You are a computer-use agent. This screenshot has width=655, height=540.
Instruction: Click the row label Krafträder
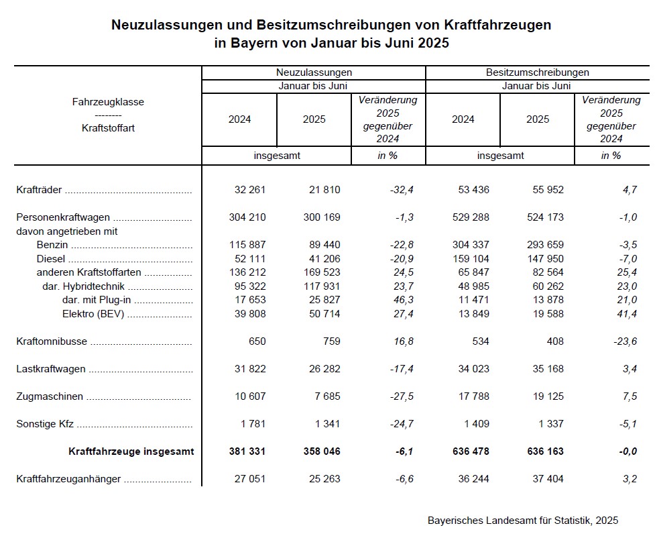tap(39, 190)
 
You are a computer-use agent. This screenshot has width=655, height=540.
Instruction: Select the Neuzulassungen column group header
tap(314, 72)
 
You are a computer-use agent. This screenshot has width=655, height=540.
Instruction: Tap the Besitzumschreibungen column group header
tap(537, 72)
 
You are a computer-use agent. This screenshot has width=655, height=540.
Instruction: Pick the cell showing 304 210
tap(247, 217)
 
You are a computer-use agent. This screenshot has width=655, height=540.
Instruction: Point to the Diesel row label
tap(50, 259)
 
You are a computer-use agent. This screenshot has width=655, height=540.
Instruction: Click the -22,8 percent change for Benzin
tap(402, 245)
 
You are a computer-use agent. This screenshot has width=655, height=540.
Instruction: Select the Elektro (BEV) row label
tap(94, 314)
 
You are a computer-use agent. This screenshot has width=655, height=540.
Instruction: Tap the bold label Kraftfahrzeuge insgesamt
tap(131, 451)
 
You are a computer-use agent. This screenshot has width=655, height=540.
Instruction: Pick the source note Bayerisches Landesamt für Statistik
tap(522, 520)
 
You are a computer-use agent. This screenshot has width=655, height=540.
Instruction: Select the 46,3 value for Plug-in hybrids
tap(404, 300)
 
